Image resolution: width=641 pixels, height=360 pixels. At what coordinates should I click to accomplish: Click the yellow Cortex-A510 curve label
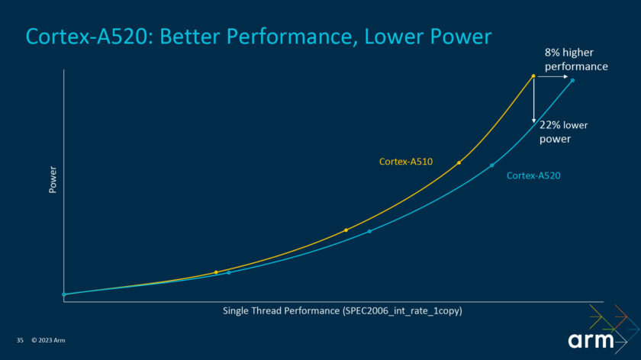pos(406,161)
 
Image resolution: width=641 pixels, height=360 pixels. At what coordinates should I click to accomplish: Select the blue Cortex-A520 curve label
pos(533,175)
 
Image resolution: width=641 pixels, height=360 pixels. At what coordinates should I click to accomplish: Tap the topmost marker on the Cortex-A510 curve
pos(533,76)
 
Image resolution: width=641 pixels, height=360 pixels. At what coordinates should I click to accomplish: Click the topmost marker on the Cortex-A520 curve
pos(572,80)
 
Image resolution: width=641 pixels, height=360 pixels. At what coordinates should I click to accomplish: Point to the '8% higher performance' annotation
pos(575,59)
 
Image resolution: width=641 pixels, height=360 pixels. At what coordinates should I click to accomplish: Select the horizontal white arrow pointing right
pos(552,76)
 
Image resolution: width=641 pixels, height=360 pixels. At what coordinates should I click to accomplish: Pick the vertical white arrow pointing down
pos(533,100)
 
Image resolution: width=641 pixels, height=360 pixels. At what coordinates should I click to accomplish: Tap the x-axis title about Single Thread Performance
pos(343,311)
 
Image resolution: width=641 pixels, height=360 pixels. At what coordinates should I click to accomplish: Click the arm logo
pos(591,340)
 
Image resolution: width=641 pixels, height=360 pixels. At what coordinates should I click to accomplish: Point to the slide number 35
pos(21,339)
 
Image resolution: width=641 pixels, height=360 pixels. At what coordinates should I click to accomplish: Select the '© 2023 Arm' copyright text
pos(49,339)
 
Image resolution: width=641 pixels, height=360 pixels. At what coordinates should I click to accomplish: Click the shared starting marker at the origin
pos(64,294)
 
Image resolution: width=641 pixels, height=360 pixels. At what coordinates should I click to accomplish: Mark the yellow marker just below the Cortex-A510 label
pos(459,162)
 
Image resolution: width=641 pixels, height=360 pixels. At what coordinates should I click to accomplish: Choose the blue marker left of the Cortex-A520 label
pos(491,165)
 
